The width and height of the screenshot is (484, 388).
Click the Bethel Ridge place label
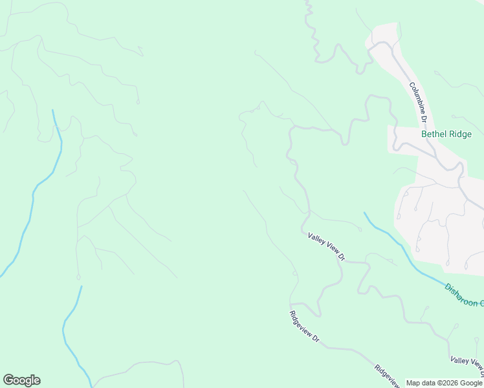(446, 135)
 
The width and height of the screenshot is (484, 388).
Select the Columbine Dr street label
(418, 102)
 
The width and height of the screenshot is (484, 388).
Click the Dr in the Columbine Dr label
(424, 118)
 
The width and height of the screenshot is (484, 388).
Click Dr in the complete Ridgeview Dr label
(316, 338)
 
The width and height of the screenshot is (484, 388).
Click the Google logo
(21, 380)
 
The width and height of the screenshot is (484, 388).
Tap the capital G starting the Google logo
(8, 380)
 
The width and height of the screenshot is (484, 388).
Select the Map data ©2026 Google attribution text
(444, 383)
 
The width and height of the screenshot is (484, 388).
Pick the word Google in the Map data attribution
(470, 383)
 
